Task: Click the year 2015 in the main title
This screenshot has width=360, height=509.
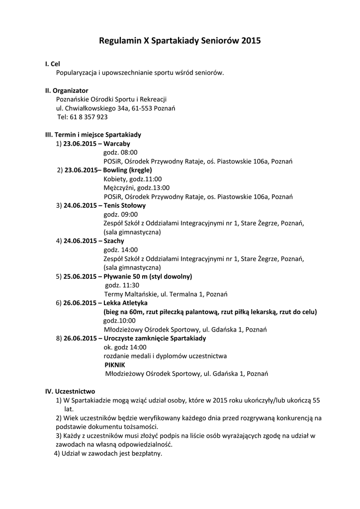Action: pos(251,42)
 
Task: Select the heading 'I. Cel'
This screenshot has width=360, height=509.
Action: pos(52,64)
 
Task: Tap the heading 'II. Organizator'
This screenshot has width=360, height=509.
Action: pos(67,90)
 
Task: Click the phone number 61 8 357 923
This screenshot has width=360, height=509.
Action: pos(89,117)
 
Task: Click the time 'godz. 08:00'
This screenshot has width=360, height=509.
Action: pos(120,153)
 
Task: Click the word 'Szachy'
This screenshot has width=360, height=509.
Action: pos(114,241)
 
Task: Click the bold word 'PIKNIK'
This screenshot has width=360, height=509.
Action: pos(115,365)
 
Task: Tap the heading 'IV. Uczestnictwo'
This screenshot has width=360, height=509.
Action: pos(70,391)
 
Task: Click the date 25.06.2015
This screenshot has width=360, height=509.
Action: pos(80,276)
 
